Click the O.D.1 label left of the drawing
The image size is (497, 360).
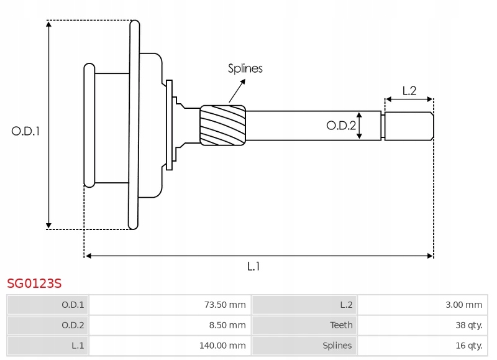[25, 131]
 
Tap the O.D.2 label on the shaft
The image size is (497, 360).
[341, 126]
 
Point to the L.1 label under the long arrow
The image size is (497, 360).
[253, 267]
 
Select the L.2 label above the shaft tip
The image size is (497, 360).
[409, 91]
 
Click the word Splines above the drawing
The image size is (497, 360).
[245, 68]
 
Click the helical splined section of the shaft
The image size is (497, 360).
[223, 126]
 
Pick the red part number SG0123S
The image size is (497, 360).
[34, 284]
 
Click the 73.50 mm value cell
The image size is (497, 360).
[170, 305]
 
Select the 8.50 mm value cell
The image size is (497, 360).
[170, 325]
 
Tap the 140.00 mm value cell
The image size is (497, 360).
[170, 346]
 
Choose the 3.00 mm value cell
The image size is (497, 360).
[422, 305]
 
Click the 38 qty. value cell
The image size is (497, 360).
[422, 325]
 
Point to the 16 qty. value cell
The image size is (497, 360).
[422, 346]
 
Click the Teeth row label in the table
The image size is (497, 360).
[341, 325]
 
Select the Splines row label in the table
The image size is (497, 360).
[337, 346]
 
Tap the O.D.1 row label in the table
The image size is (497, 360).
[73, 305]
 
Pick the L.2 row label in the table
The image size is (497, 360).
[346, 305]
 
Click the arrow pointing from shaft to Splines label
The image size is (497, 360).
[237, 91]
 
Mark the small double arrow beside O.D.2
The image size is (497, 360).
[359, 126]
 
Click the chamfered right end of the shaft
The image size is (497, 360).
[432, 126]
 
